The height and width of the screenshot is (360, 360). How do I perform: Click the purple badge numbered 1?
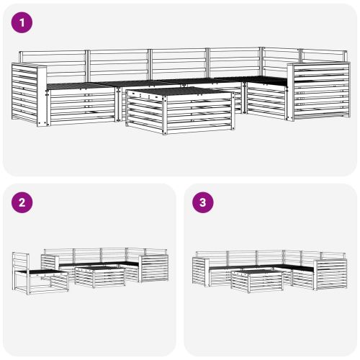(24, 23)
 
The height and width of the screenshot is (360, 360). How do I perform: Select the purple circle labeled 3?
(204, 202)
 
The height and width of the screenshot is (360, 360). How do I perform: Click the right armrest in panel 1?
(320, 91)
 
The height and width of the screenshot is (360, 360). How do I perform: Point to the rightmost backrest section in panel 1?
(320, 57)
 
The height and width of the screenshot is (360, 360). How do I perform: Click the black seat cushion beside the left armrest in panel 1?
(79, 86)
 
